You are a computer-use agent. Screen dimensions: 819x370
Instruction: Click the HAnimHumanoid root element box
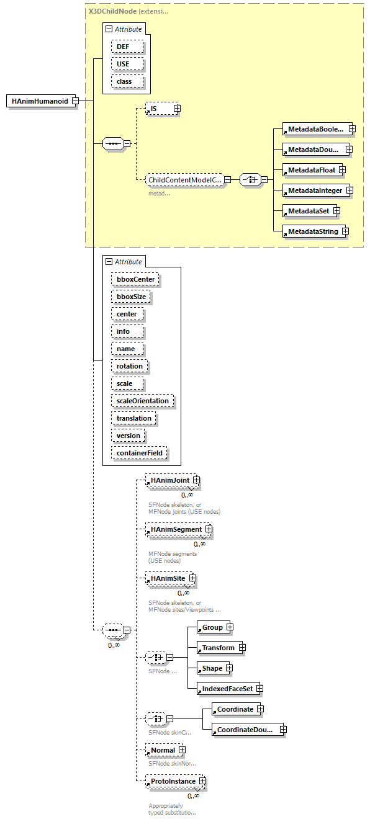click(40, 101)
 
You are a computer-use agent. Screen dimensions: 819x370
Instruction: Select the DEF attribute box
click(127, 47)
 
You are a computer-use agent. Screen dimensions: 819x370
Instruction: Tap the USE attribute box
click(127, 64)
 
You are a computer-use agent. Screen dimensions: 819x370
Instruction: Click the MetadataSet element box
click(308, 211)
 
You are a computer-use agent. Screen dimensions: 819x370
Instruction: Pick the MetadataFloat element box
click(310, 170)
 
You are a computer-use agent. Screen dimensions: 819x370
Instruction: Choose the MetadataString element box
click(312, 231)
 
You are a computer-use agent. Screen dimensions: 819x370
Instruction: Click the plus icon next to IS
click(177, 109)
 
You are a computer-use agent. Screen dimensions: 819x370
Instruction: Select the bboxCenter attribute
click(135, 279)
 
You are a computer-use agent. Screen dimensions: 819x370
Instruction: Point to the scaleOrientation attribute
click(143, 401)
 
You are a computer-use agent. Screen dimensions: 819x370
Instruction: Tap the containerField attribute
click(140, 453)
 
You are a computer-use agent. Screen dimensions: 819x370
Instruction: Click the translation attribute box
click(133, 418)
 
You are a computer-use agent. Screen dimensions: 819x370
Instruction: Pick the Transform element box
click(218, 648)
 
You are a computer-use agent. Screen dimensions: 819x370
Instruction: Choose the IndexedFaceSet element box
click(226, 689)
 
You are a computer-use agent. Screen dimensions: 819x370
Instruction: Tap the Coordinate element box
click(235, 709)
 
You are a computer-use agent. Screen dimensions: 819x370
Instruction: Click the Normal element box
click(163, 750)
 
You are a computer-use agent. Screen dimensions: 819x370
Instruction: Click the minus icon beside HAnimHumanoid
click(74, 101)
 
